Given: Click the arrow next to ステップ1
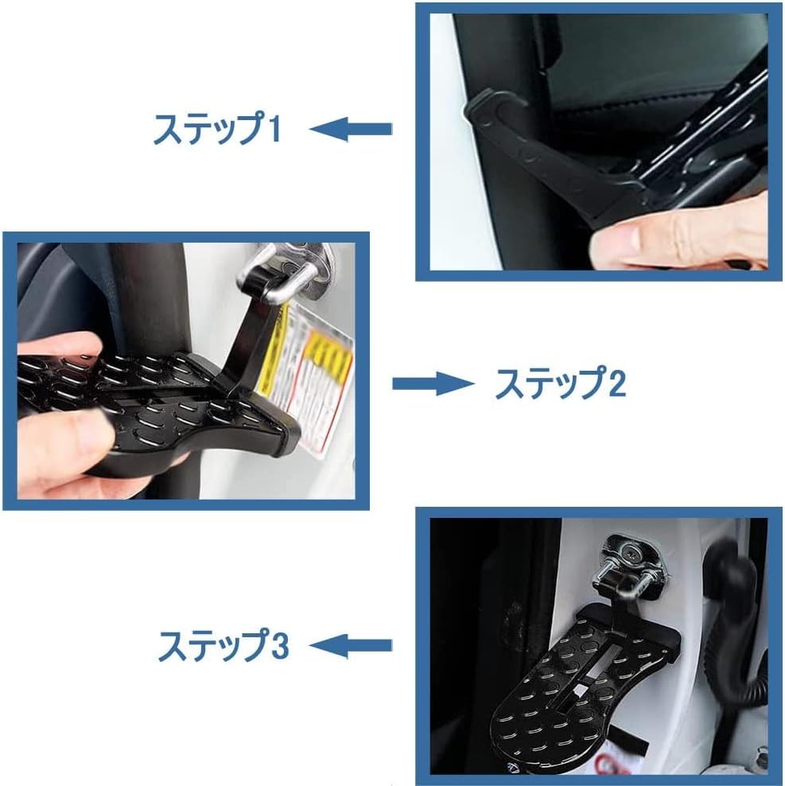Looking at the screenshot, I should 351,128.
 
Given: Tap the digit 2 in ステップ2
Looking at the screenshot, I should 616,385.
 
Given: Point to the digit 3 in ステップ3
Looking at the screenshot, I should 279,645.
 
